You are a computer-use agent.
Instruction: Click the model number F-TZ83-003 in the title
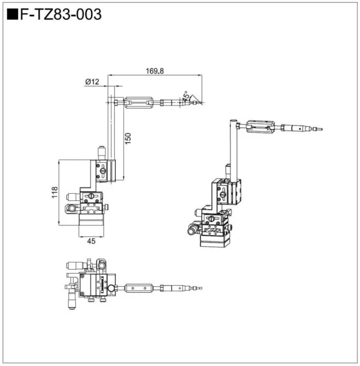[61, 15]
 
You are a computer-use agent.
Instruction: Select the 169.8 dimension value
[155, 70]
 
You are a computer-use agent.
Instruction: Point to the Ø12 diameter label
[92, 82]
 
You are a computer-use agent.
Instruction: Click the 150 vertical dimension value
[127, 139]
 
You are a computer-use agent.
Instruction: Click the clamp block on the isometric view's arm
[260, 127]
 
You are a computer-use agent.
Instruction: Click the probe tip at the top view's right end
[199, 287]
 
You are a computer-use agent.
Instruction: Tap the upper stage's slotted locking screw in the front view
[103, 172]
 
